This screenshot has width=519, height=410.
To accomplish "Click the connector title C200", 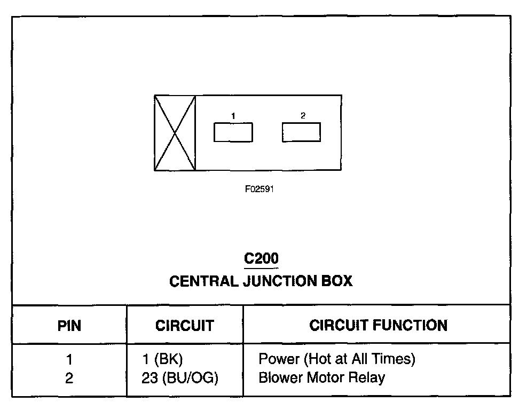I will click(261, 259).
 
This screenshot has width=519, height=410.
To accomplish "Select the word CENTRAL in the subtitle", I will click(203, 281).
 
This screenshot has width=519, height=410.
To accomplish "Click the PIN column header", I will click(69, 325).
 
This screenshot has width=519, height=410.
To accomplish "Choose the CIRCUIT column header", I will click(185, 325).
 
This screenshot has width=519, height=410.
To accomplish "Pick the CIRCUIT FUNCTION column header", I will click(378, 325).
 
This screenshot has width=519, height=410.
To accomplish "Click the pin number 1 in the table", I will click(69, 359).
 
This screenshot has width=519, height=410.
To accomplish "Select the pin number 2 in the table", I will click(69, 378).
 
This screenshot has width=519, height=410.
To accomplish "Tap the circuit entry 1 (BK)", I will click(167, 359).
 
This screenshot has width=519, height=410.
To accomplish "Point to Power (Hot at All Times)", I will click(337, 359).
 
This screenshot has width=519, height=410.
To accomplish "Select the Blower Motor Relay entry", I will click(321, 378).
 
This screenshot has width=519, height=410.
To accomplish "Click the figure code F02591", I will click(259, 189).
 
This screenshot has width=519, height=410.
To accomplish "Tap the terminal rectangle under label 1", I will click(233, 132).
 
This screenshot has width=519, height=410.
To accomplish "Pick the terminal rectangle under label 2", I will click(302, 132).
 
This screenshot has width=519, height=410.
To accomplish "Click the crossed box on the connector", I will click(175, 133).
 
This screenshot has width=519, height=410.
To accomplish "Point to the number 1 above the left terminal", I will click(233, 115).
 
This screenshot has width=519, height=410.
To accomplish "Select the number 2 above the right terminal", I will click(303, 115).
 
